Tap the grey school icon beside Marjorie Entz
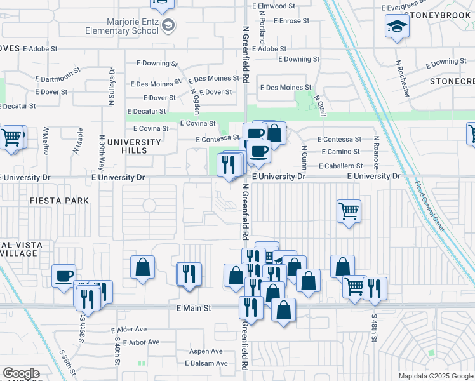168,25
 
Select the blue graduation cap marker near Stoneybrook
397,26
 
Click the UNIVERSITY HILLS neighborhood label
133,146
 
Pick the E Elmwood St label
274,6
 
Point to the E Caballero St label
342,166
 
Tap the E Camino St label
341,152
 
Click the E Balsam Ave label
206,363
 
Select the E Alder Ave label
129,330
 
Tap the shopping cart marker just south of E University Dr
349,211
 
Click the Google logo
21,373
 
